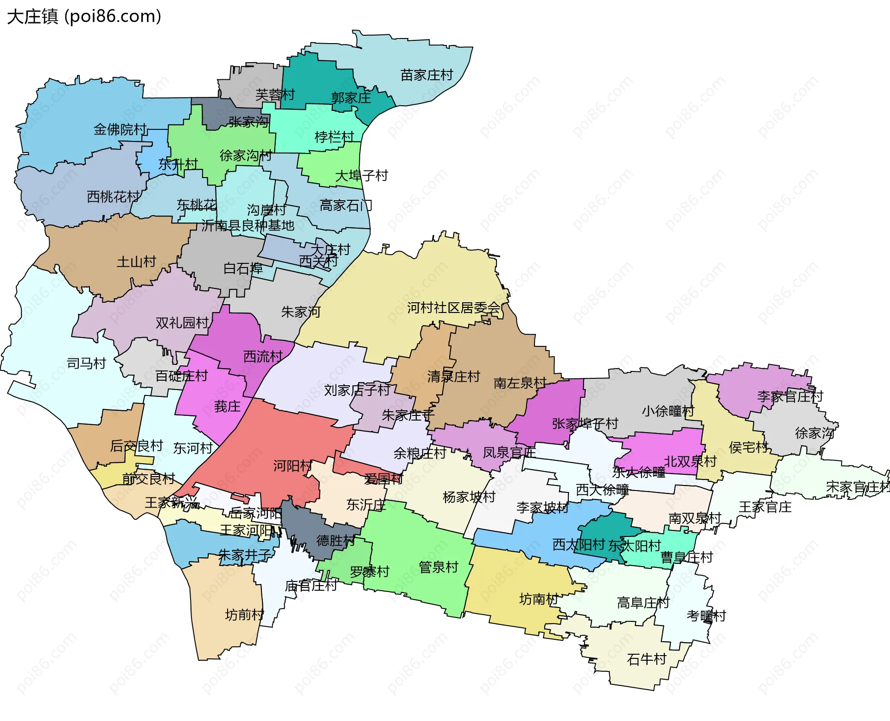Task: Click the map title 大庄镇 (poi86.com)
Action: coord(84,17)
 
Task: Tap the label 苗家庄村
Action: coord(426,75)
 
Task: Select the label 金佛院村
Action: coord(120,129)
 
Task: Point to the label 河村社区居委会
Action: coord(454,308)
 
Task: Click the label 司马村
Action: coord(87,363)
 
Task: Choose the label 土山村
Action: coord(136,262)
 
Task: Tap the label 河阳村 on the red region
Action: coord(292,466)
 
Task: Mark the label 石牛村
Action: coord(647,659)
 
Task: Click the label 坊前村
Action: coord(244,615)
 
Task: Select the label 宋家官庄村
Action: coord(858,487)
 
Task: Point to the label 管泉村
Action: coord(439,567)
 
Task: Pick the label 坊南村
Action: coord(539,600)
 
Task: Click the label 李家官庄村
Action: coord(790,396)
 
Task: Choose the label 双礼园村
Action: coord(182,323)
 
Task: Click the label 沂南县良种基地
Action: coord(248,226)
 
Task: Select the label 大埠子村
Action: coord(362,176)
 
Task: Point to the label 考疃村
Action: coord(706,616)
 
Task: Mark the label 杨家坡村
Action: coord(469,497)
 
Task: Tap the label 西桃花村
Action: coord(113,197)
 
